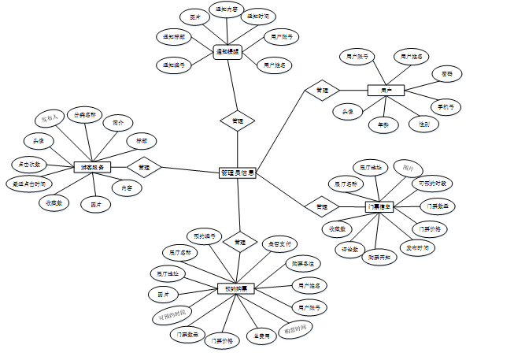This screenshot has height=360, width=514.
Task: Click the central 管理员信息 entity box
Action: click(x=237, y=173)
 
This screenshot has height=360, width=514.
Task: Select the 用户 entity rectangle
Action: click(x=386, y=91)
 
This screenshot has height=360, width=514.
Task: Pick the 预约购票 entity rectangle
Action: click(x=236, y=288)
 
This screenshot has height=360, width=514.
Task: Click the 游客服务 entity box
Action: click(x=92, y=167)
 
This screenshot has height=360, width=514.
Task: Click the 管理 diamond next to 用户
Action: click(x=322, y=91)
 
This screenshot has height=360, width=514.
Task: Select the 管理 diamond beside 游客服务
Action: click(x=143, y=167)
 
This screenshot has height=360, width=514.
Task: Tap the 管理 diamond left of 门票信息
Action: click(x=322, y=206)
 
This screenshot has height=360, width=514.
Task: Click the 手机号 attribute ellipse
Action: click(x=446, y=106)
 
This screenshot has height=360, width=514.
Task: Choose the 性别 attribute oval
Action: click(x=423, y=124)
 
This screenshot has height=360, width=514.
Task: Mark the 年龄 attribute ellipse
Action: click(x=383, y=124)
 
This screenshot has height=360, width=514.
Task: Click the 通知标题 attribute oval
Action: click(x=175, y=36)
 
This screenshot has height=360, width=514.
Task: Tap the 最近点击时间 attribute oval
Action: click(x=29, y=184)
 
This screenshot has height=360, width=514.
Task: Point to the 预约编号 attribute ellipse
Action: click(x=204, y=236)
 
